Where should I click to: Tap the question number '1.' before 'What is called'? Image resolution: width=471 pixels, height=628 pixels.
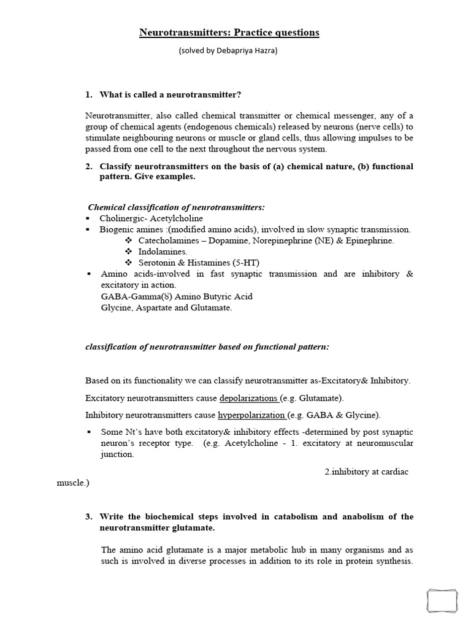89,94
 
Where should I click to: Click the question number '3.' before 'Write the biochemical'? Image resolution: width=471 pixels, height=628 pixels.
89,516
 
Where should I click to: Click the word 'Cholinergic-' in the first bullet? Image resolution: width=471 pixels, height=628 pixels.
120,218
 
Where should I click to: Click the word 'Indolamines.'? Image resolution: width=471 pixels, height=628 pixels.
163,251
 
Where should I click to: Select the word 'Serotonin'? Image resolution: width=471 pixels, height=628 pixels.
158,262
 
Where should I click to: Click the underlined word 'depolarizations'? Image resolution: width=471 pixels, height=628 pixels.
249,397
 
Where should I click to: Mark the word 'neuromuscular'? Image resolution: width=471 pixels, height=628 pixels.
386,443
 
